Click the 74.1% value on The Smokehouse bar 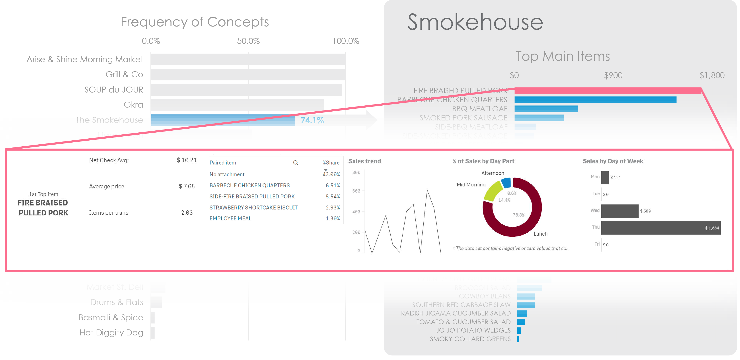coord(312,120)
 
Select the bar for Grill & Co coord(248,75)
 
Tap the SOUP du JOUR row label coord(113,90)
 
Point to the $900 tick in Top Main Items coord(613,75)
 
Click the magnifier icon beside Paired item coord(296,163)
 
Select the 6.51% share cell coord(332,186)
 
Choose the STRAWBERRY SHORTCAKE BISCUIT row coord(253,207)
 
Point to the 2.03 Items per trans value coord(187,213)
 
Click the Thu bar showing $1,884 coord(660,228)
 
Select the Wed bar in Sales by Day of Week coord(620,211)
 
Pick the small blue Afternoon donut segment coord(506,183)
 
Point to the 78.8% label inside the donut coord(518,215)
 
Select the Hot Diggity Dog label coord(111,333)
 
